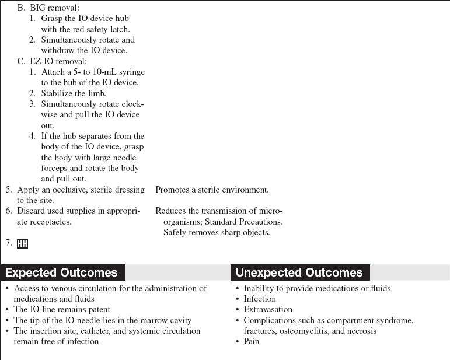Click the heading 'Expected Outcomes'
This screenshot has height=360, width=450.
pos(61,272)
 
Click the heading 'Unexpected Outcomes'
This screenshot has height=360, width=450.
pos(299,272)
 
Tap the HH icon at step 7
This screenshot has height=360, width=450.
pos(22,244)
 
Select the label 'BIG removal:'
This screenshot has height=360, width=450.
pos(54,8)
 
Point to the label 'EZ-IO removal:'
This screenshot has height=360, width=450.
pos(58,61)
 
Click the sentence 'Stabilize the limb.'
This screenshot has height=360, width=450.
pos(73,93)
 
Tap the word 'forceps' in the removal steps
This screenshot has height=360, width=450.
pos(55,168)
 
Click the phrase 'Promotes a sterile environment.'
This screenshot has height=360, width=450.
pos(212,190)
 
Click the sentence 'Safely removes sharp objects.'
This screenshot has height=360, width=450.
pos(217,232)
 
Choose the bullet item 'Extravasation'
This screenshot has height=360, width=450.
pos(268,309)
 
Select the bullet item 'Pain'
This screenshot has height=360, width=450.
pos(252,341)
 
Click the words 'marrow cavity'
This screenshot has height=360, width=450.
pos(167,320)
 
